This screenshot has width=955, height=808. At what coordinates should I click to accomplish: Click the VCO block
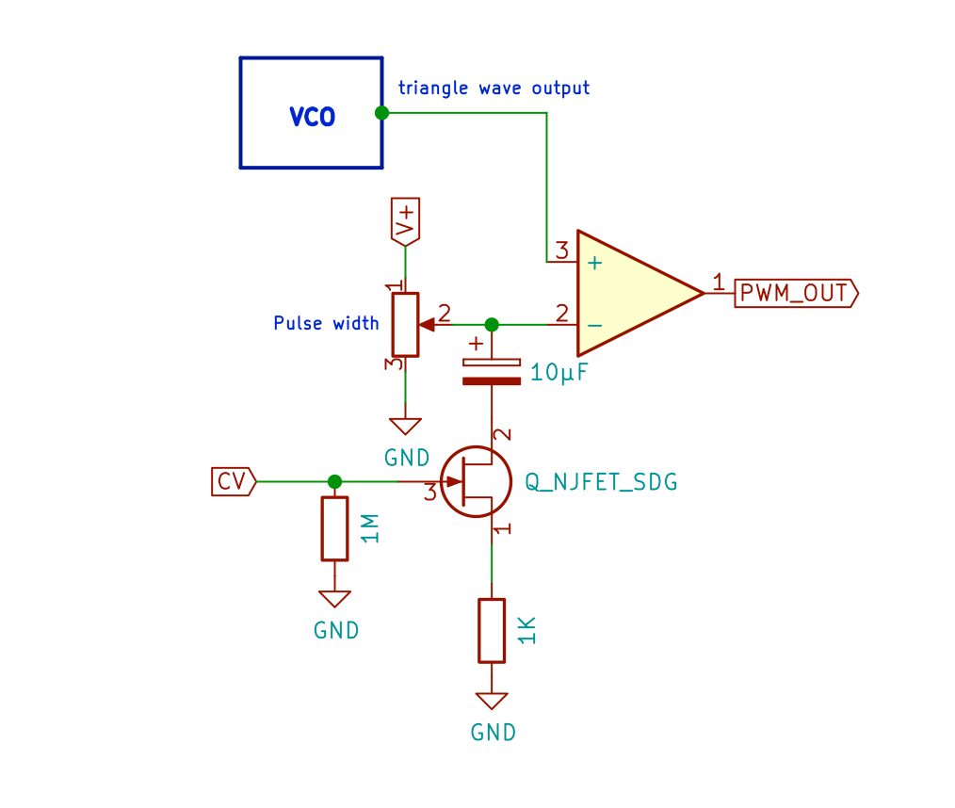point(311,113)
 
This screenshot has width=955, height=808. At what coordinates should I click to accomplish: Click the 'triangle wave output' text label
point(494,89)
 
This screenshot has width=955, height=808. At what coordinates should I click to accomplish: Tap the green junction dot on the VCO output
point(381,113)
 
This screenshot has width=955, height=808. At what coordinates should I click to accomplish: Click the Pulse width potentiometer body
point(405,325)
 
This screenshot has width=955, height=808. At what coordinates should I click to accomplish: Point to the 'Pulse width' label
point(326,324)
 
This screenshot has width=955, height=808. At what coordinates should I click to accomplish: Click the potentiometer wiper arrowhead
point(426,324)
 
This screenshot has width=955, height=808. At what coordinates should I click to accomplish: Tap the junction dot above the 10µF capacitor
point(491,324)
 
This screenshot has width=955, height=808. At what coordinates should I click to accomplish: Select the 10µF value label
point(559,373)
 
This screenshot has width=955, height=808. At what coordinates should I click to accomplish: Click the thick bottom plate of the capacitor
point(491,381)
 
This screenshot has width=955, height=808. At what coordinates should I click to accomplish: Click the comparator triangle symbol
point(631,293)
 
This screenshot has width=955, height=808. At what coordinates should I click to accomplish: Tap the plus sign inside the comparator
point(594,264)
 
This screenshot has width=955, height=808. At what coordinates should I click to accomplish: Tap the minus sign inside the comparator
point(594,325)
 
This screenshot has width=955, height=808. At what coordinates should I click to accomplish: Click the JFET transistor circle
point(476,481)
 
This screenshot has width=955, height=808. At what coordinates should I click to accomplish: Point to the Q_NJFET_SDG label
point(601,482)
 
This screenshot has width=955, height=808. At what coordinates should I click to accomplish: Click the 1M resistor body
point(334,528)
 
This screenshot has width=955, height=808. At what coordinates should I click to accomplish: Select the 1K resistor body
point(492,630)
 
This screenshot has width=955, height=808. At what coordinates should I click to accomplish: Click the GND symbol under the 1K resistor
point(492,702)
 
